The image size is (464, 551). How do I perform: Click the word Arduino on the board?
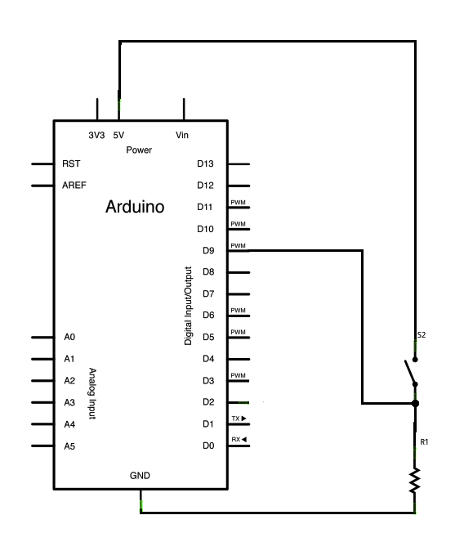click(135, 208)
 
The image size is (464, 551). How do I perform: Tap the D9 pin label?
click(207, 250)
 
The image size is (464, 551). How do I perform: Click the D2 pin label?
click(207, 402)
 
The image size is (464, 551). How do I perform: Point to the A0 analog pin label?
click(69, 337)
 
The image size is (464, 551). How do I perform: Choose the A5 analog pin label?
click(69, 446)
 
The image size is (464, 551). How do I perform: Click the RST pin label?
click(71, 164)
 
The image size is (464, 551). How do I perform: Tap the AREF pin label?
click(74, 186)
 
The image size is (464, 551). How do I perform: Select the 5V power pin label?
click(118, 135)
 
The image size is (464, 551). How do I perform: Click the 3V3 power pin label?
click(96, 135)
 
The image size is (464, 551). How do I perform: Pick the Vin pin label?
click(183, 135)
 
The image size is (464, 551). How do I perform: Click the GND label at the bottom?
click(140, 476)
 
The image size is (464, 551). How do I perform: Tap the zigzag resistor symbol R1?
click(415, 479)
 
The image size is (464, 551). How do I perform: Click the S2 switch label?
click(421, 335)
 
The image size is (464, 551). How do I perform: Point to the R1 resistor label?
click(424, 441)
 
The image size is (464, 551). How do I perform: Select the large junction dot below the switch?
click(415, 403)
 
